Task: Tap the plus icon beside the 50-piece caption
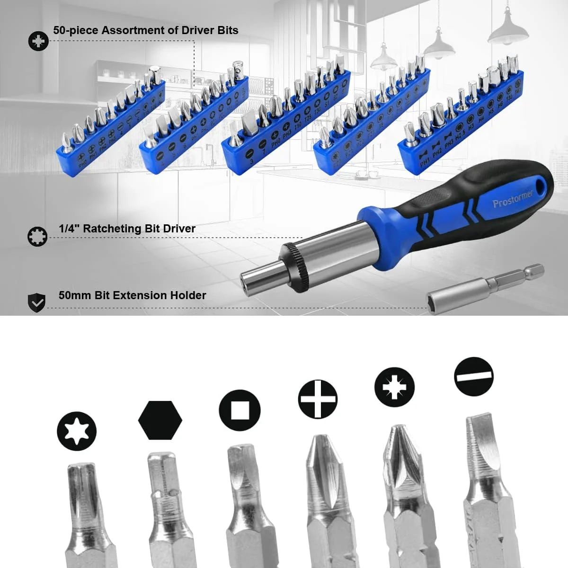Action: click(38, 41)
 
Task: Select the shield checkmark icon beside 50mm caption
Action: click(37, 302)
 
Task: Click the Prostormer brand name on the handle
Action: click(512, 198)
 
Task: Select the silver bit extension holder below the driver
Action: click(483, 286)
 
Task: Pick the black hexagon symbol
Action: click(160, 420)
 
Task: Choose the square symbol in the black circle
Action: click(240, 410)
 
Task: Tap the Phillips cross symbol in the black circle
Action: click(318, 399)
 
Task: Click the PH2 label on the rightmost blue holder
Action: click(437, 152)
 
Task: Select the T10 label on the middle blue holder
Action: click(298, 126)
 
